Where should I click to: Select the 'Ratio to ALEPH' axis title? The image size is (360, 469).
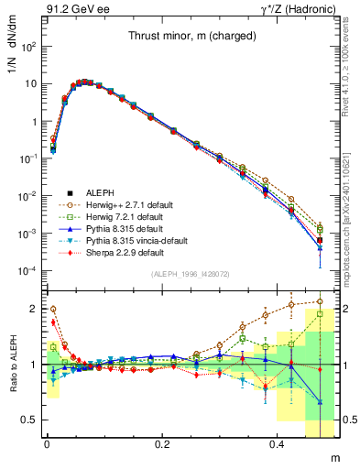click(19, 365)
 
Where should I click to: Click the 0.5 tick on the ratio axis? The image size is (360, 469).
click(31, 420)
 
